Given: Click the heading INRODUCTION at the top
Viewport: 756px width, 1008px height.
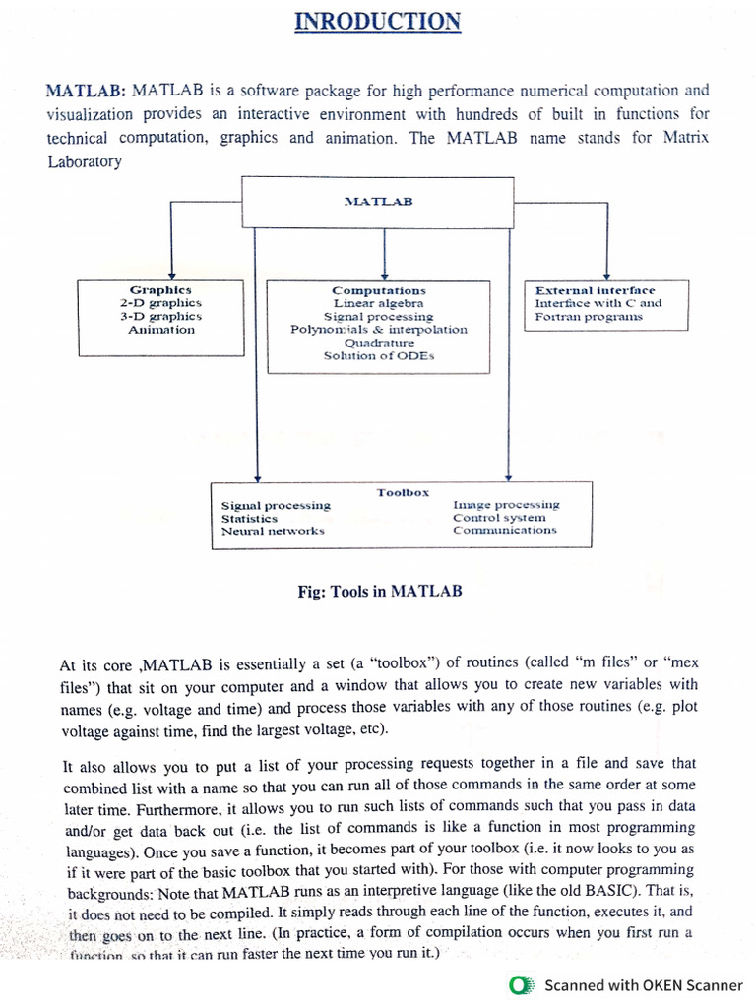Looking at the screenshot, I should click(x=378, y=21).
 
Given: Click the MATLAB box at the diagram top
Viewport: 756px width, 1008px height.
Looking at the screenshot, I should click(x=378, y=201).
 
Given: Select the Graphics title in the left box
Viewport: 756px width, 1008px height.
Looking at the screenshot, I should click(x=161, y=290).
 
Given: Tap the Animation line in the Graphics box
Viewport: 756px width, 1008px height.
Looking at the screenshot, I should click(x=161, y=330).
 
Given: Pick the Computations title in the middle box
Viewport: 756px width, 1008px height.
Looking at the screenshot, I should click(x=379, y=291).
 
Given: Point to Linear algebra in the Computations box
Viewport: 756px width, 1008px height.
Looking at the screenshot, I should click(x=379, y=304).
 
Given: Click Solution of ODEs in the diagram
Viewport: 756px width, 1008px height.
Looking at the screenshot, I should click(x=379, y=355).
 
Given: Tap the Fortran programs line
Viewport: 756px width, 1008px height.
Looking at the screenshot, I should click(x=589, y=317).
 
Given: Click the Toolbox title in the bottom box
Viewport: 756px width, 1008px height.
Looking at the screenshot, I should click(x=403, y=492).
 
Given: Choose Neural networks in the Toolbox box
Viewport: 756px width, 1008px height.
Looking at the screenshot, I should click(x=273, y=531).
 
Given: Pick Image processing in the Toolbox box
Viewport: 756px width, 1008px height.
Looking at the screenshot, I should click(x=506, y=505).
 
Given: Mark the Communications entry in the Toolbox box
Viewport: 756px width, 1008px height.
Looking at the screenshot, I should click(x=504, y=530).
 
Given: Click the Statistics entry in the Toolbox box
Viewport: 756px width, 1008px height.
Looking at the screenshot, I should click(x=249, y=518).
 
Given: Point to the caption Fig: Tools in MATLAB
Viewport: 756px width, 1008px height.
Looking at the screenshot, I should click(x=379, y=592).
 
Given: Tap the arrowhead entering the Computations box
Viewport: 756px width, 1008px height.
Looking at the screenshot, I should click(x=384, y=276).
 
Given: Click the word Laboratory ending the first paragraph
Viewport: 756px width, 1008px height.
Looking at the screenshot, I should click(x=85, y=161).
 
